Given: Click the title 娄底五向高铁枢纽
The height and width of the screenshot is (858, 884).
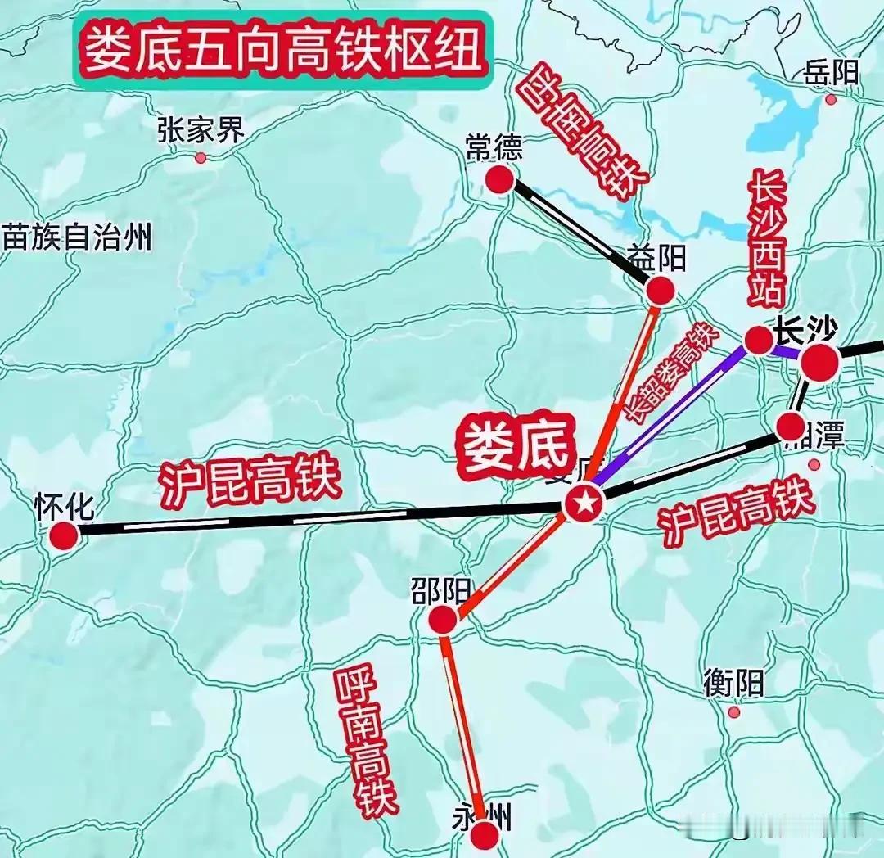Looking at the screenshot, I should click(x=282, y=49).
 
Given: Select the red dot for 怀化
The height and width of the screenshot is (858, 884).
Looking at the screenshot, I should click(x=63, y=536).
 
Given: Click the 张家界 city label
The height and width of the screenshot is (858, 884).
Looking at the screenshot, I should click(x=201, y=129).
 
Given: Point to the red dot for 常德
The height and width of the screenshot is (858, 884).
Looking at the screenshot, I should click(x=499, y=179).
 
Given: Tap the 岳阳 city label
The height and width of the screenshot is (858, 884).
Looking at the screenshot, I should click(x=832, y=73).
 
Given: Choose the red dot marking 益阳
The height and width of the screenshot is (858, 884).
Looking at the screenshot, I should click(x=660, y=290).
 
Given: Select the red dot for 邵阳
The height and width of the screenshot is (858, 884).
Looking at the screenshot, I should click(x=443, y=620).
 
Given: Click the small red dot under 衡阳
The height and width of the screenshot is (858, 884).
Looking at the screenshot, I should click(x=734, y=712).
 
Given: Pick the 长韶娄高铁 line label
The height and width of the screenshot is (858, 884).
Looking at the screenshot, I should click(x=669, y=373).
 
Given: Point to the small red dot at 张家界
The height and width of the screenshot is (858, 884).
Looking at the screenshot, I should click(x=201, y=157).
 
